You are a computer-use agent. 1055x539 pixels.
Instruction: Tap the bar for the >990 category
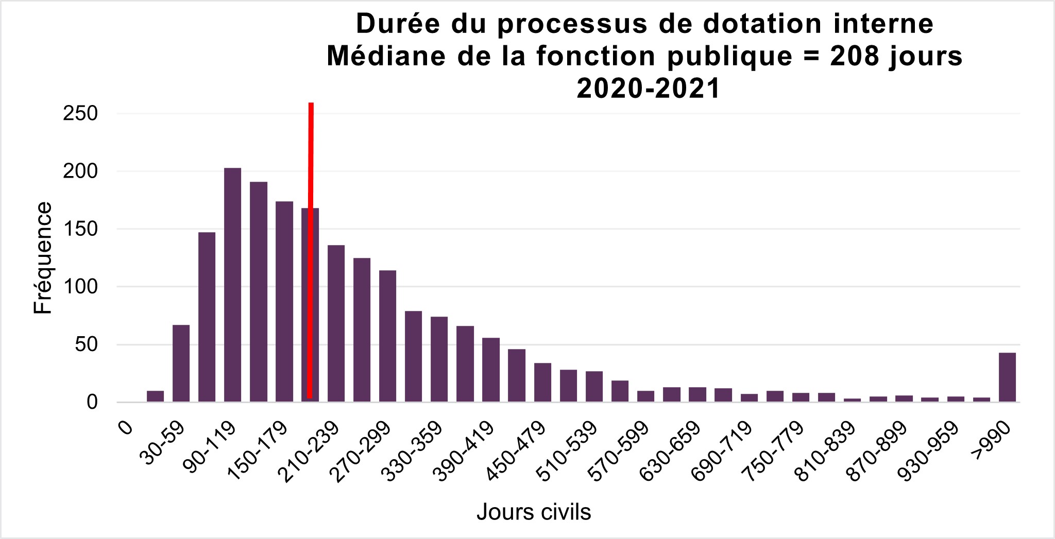coord(1007,377)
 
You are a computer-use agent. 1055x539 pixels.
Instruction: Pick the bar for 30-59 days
coord(181,363)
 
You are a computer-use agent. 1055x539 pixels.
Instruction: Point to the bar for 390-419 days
coord(491,370)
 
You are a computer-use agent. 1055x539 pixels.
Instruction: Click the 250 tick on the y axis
coord(80,114)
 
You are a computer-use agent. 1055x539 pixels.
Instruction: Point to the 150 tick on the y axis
coord(80,229)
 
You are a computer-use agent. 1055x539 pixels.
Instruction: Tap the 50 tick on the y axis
coord(86,344)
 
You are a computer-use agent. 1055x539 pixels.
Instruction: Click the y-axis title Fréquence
coord(43,258)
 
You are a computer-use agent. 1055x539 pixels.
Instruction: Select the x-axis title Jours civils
coord(534,512)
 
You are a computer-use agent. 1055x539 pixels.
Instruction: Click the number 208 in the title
coord(855,56)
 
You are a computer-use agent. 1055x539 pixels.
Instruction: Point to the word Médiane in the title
coord(387,56)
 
